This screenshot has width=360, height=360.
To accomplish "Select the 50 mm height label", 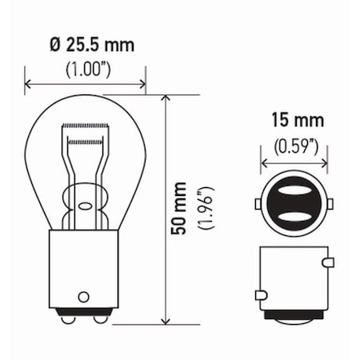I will click(181, 211).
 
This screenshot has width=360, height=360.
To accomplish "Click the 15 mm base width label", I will click(297, 122).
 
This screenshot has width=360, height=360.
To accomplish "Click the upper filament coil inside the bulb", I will click(86, 130).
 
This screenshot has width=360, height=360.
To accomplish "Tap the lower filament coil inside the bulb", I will click(86, 142).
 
